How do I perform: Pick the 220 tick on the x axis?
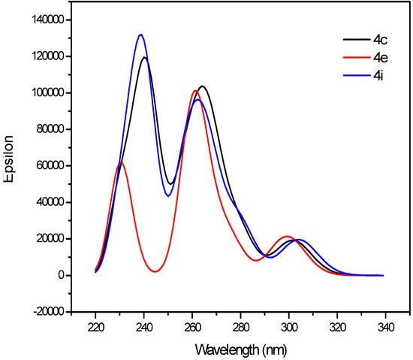[95, 328]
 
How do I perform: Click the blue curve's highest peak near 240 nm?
[140, 35]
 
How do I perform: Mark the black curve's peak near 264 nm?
[202, 86]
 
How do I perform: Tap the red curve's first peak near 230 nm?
[121, 162]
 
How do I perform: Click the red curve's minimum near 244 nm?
[155, 271]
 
